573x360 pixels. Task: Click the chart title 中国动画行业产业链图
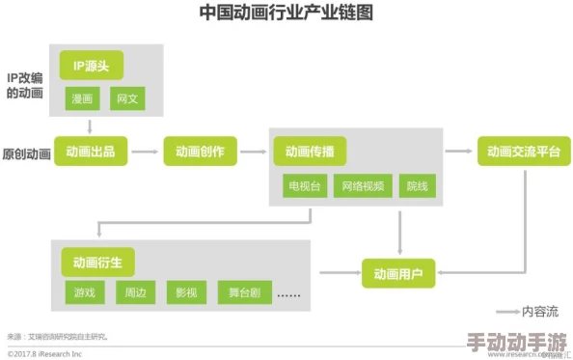(286, 14)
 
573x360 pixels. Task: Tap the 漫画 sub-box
(80, 98)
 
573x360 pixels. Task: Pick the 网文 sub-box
(126, 98)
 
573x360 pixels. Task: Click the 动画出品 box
(91, 152)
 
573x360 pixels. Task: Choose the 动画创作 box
(200, 152)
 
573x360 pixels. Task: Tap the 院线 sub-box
(419, 185)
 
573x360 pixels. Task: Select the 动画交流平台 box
(524, 152)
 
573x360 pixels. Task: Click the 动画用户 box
(398, 273)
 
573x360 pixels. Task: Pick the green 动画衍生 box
(97, 261)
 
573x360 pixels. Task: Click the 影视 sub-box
(185, 291)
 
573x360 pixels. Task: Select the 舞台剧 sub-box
(242, 291)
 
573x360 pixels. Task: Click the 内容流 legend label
(539, 311)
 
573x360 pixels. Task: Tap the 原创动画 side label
(25, 152)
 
